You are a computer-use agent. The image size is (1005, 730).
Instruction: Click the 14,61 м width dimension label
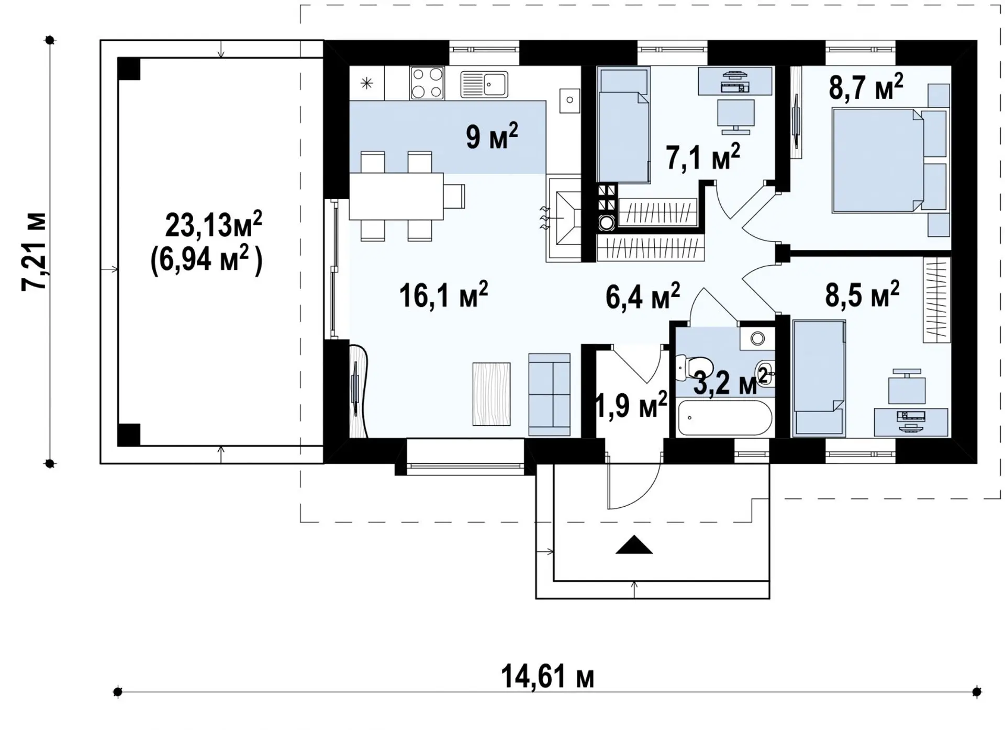pyautogui.click(x=547, y=677)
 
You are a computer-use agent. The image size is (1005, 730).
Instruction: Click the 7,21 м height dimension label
pyautogui.click(x=34, y=252)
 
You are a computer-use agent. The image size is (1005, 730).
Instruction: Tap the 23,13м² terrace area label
pyautogui.click(x=214, y=224)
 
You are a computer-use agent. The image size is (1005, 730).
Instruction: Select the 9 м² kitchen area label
pyautogui.click(x=492, y=136)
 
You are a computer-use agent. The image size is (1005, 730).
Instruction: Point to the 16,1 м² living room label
pyautogui.click(x=443, y=294)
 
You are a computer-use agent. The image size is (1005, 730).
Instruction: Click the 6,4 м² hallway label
pyautogui.click(x=643, y=296)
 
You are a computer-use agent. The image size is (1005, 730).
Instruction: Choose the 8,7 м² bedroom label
pyautogui.click(x=866, y=87)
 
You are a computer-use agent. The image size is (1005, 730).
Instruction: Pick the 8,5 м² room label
pyautogui.click(x=862, y=294)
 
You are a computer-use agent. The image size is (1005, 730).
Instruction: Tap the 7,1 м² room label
pyautogui.click(x=703, y=157)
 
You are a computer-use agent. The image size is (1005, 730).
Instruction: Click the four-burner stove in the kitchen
pyautogui.click(x=427, y=83)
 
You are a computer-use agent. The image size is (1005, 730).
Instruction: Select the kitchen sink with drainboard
pyautogui.click(x=484, y=84)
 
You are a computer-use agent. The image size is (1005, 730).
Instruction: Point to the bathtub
pyautogui.click(x=724, y=418)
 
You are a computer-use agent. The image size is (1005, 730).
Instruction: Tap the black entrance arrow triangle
pyautogui.click(x=634, y=545)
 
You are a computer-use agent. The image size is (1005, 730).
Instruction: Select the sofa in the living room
pyautogui.click(x=549, y=395)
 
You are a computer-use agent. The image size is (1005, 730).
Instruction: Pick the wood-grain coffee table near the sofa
pyautogui.click(x=492, y=394)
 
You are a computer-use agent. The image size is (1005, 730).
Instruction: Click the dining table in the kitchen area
pyautogui.click(x=396, y=197)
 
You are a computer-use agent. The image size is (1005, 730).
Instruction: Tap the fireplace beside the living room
pyautogui.click(x=564, y=219)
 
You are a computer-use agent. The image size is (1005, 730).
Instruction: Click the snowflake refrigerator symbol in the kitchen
pyautogui.click(x=367, y=83)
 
